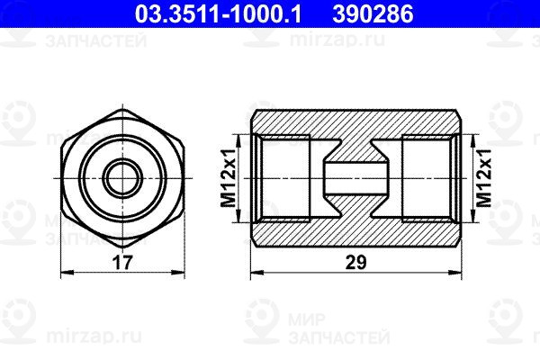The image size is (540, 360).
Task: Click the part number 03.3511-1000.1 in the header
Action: coord(218,13)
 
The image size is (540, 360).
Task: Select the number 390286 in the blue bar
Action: coord(373,13)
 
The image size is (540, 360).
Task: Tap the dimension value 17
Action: coord(122,263)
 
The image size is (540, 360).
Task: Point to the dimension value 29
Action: coord(356,263)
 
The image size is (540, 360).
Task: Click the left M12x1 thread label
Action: coord(229,178)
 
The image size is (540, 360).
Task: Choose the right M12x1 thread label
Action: coord(483,178)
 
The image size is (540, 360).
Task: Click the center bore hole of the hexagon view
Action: coord(122,178)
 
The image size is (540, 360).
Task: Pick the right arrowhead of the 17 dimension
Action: coord(178,273)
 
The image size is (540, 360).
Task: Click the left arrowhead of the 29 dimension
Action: coord(257,273)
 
